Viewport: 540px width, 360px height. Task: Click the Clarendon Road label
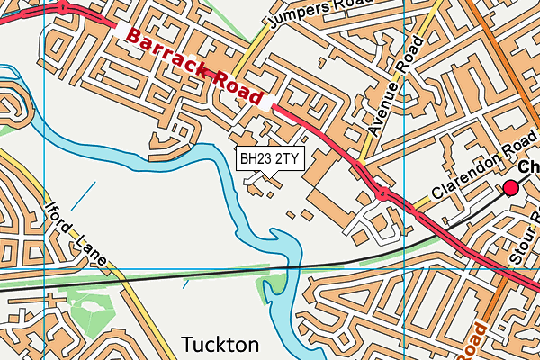tap(477, 170)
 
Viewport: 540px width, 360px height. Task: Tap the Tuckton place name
tap(220, 345)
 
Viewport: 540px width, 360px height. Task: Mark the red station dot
tap(511, 187)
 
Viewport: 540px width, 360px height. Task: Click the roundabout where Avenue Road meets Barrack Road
tap(382, 192)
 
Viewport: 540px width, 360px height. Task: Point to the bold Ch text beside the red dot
tap(529, 167)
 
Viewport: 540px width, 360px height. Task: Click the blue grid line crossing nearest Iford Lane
tap(44, 268)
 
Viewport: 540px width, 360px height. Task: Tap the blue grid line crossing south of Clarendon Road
tap(405, 268)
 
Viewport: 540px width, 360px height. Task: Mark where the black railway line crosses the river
tap(286, 267)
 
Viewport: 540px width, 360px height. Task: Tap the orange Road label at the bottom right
tap(475, 340)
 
